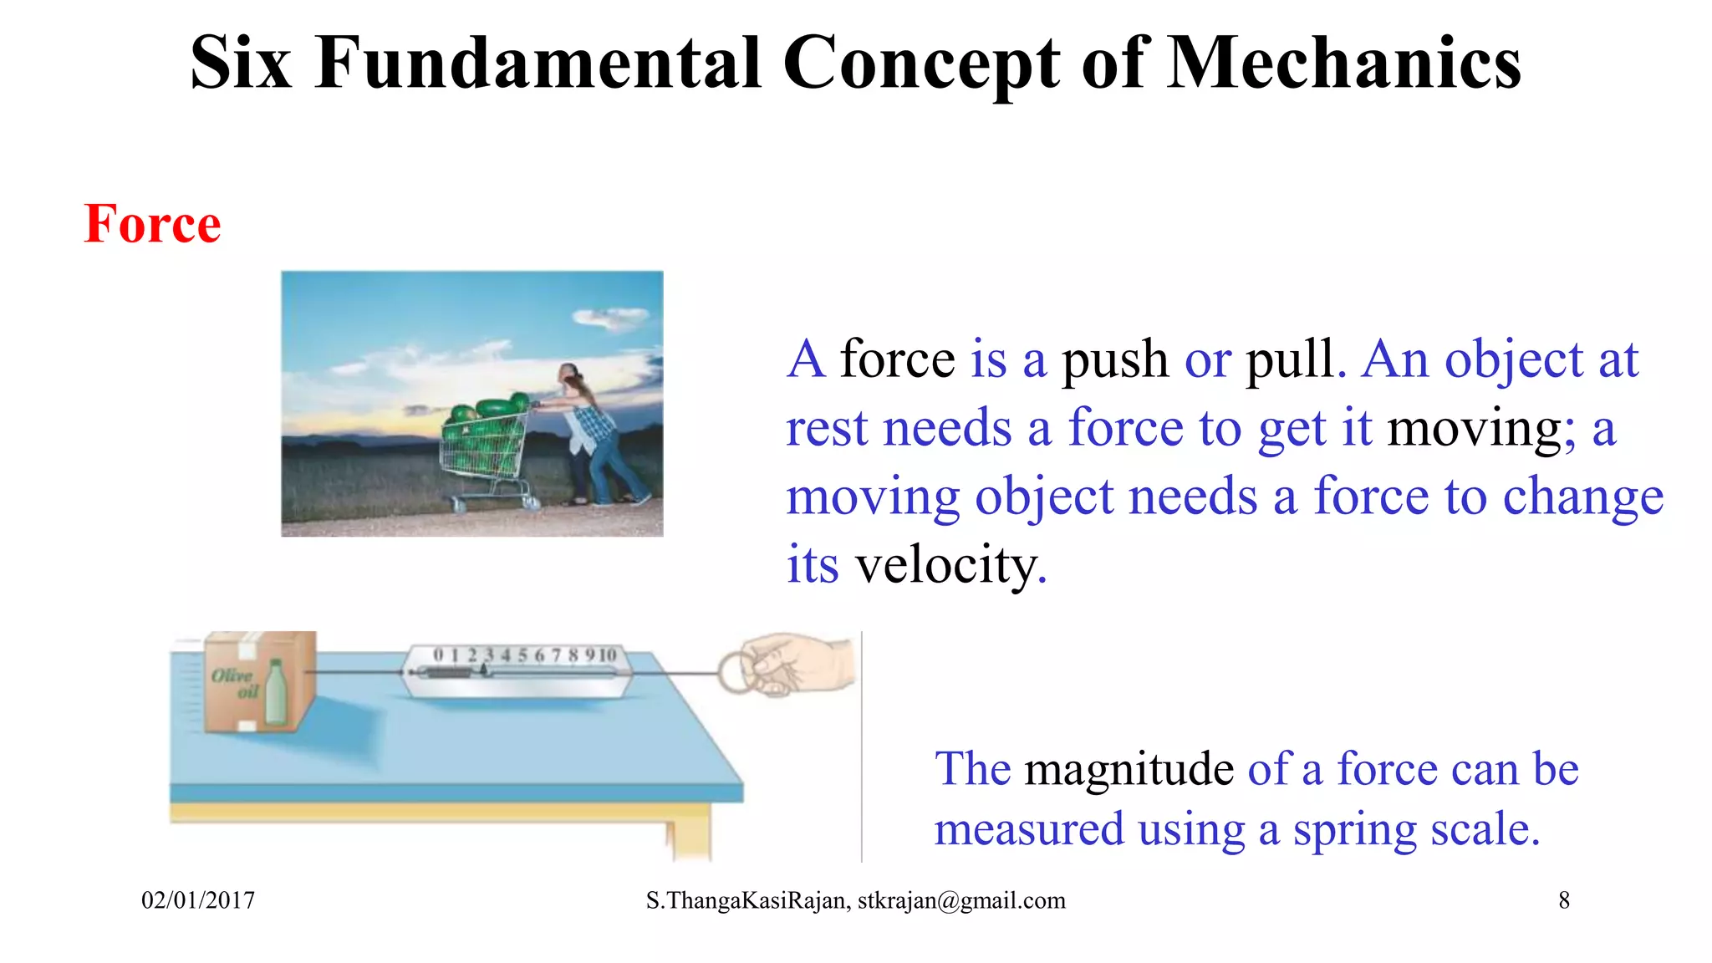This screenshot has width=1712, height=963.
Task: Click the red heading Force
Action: pos(152,224)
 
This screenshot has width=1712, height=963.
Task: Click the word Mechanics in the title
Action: pos(1343,64)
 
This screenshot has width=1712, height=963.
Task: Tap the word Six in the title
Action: pos(241,64)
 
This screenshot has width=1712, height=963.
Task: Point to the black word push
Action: pos(1114,360)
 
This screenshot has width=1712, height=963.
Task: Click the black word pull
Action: pos(1290,360)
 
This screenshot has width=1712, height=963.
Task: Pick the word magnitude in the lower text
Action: pos(1129,769)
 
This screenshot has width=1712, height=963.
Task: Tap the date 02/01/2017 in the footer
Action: pos(198,900)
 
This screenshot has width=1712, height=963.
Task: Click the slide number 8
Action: pos(1563,900)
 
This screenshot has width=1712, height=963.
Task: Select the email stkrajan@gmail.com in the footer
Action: pos(961,900)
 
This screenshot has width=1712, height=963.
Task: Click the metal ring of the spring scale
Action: pos(736,673)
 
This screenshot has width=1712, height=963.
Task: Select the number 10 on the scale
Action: pos(608,655)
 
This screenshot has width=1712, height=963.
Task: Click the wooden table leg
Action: pos(690,836)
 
